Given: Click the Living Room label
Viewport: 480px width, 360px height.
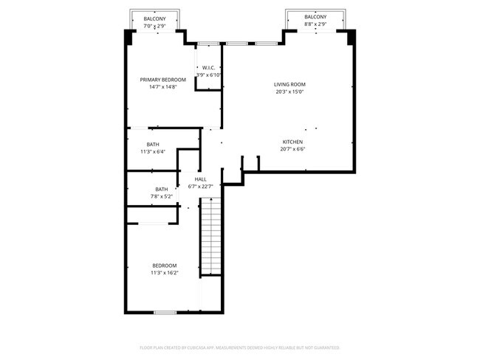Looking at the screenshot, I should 289,85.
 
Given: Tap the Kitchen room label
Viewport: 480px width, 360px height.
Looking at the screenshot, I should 292,142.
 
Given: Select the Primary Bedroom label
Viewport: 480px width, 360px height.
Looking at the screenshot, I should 163,80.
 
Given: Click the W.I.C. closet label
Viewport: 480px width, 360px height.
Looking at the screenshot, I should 208,68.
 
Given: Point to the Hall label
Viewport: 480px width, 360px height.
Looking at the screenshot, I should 201,179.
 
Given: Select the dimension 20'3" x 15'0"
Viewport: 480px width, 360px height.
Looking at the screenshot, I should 289,92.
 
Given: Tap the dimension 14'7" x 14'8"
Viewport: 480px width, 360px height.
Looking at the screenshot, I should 163,87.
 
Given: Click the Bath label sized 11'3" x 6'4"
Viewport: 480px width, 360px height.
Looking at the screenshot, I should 153,145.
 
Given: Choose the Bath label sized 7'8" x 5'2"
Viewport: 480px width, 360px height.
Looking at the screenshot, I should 161,190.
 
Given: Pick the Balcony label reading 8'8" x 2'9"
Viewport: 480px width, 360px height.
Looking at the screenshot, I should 315,17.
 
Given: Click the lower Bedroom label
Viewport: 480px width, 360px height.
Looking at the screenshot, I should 165,266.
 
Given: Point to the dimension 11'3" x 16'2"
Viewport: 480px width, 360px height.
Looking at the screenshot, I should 165,273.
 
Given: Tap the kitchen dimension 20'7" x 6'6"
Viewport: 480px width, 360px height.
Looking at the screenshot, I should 292,149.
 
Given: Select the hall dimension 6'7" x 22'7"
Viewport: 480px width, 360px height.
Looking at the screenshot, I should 201,187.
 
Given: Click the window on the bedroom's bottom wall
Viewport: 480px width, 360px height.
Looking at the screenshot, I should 165,313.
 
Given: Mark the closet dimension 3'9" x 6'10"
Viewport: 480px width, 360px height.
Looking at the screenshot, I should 208,75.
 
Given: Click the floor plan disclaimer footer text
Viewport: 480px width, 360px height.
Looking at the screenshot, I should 239,347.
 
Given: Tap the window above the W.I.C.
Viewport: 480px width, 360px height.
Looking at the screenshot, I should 208,44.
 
